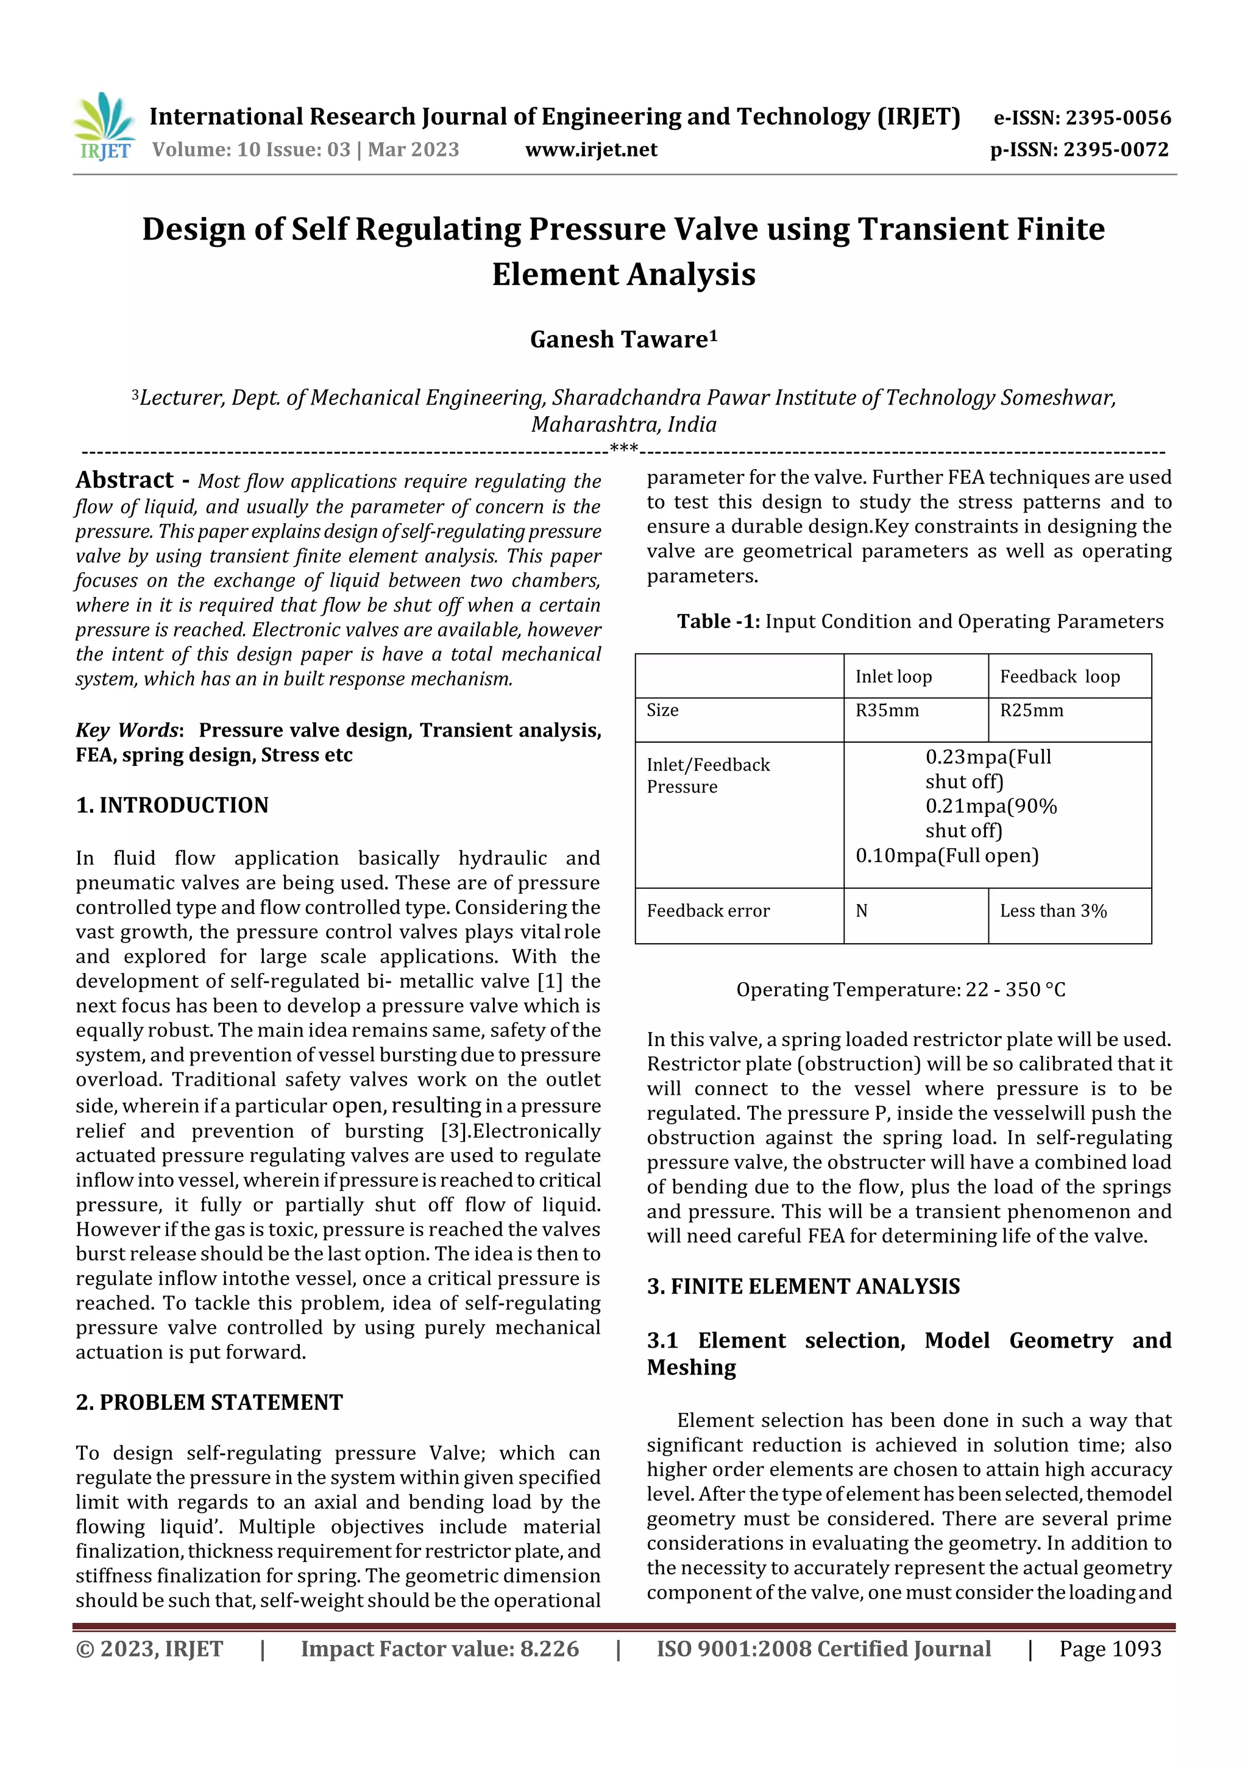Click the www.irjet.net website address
(x=590, y=150)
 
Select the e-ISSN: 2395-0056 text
(x=1082, y=118)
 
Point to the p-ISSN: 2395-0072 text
(x=1079, y=150)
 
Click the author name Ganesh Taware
(x=623, y=339)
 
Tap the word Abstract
(x=124, y=481)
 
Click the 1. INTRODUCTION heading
(x=172, y=805)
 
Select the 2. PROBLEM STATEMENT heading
(x=209, y=1402)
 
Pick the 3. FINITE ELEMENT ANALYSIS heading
(x=803, y=1287)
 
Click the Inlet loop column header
(x=893, y=676)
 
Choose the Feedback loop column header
(x=1060, y=676)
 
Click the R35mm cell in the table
(x=887, y=710)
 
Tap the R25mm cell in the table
(x=1031, y=710)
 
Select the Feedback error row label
(x=707, y=911)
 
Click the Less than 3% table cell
(x=1052, y=911)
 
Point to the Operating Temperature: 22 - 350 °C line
(x=901, y=989)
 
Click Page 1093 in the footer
(x=1110, y=1649)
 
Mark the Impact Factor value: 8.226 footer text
(x=439, y=1649)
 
